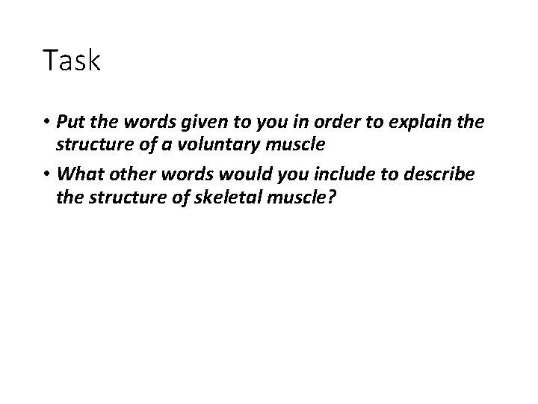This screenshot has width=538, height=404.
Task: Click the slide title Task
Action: tap(72, 61)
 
